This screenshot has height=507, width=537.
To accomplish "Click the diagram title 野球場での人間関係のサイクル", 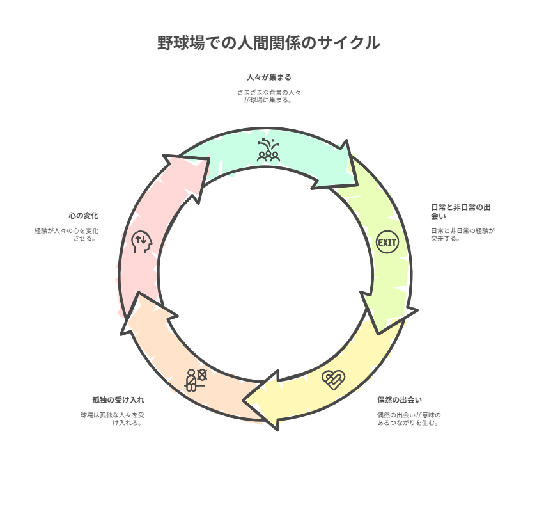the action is point(268,43).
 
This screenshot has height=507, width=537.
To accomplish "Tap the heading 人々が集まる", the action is point(269,77).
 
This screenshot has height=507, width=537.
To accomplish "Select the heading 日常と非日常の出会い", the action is point(461,212).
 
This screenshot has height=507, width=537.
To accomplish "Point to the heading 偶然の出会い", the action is point(400,399).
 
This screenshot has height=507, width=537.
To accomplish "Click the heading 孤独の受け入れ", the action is point(118,399).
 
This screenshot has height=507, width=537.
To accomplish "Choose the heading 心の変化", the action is point(84,216).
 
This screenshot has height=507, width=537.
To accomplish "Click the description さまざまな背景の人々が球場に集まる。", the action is point(269,97).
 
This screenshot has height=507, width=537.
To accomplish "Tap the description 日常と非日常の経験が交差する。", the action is point(463,234).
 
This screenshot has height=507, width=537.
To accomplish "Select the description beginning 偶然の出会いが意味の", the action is point(409,419).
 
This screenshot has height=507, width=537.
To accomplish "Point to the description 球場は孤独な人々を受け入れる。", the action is point(113,419).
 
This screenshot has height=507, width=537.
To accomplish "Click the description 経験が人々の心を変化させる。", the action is point(66,234).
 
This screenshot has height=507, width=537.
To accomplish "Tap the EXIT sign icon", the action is point(387,242).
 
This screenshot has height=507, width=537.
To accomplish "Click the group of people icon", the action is point(268,150).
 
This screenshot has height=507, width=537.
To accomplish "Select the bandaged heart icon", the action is point(334,380).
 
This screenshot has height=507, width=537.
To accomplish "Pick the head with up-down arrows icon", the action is point(141,242).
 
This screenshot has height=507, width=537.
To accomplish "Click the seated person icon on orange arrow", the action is point(196,380).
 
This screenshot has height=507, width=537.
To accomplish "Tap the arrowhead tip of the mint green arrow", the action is point(357,185).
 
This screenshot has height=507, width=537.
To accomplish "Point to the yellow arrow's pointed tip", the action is point(244,400).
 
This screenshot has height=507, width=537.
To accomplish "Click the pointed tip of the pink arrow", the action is point(209,158).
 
